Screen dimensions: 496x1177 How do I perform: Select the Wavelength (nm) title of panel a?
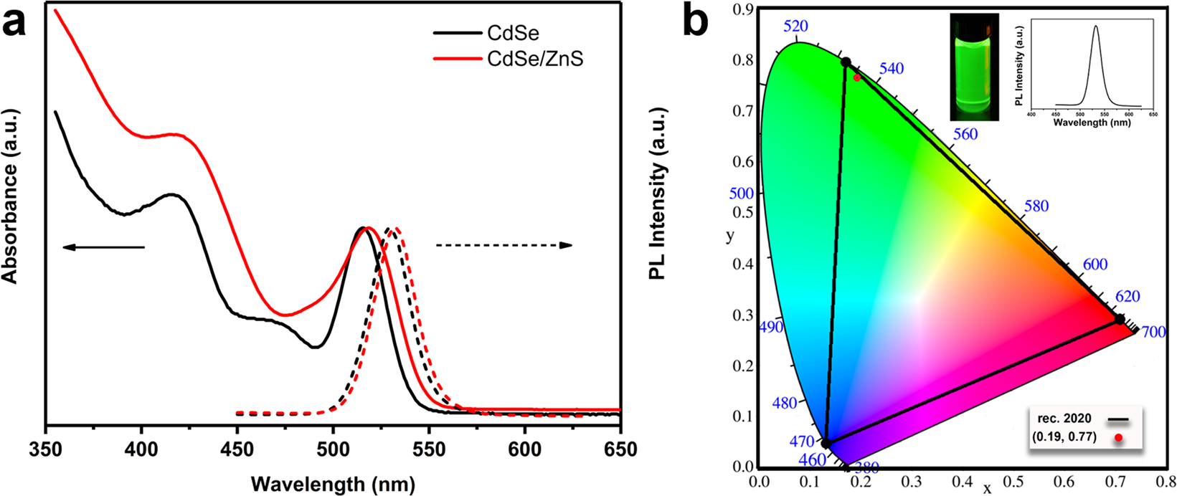click(332, 484)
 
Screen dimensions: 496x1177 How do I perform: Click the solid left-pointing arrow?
click(103, 248)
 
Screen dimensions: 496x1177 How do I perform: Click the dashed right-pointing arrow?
click(504, 246)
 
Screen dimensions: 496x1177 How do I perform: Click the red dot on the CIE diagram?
click(856, 77)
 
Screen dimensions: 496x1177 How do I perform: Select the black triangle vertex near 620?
click(1120, 319)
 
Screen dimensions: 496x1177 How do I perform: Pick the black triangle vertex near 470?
click(826, 444)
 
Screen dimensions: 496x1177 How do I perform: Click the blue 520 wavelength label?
click(795, 27)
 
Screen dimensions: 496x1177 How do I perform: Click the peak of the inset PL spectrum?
click(1096, 27)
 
